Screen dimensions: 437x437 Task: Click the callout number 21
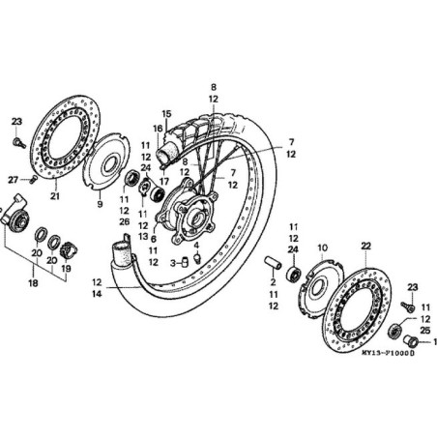click(x=55, y=196)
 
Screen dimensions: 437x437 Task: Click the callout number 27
click(x=14, y=179)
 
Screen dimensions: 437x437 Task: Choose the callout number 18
click(x=32, y=285)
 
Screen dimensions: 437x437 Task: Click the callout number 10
click(x=323, y=248)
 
